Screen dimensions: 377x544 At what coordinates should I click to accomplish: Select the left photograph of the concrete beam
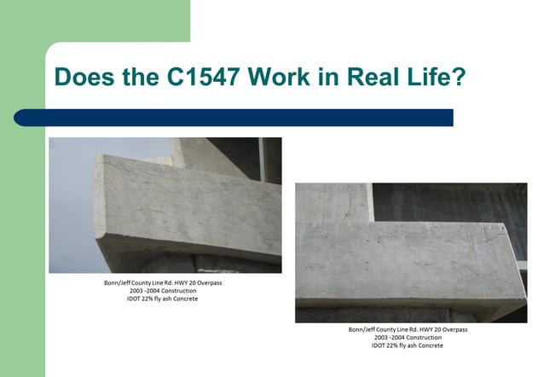165,205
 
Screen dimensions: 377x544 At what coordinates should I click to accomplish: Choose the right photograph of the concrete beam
411,252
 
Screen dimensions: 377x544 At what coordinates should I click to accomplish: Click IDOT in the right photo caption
379,346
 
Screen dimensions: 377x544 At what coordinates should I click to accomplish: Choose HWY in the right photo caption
425,329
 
